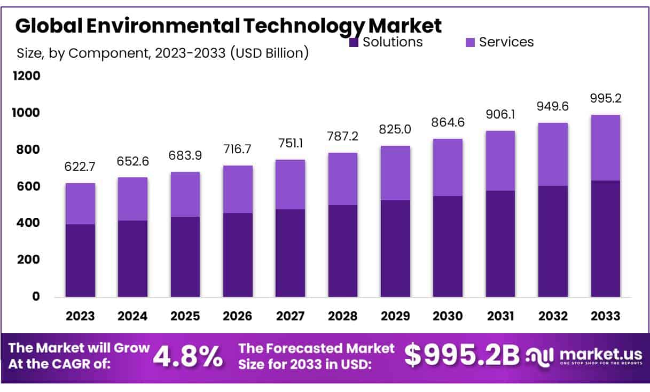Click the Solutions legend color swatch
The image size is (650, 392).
[x=354, y=42]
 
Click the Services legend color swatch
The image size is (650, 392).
[x=470, y=42]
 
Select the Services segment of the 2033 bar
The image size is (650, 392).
[x=605, y=148]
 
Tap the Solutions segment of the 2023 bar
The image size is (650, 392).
[x=80, y=260]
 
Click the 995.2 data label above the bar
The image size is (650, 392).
[x=605, y=99]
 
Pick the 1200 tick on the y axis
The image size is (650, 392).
[x=27, y=76]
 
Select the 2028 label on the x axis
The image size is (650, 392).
[x=343, y=316]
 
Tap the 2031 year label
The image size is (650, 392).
[x=500, y=316]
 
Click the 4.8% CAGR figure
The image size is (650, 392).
[x=187, y=357]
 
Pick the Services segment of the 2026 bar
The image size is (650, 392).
[x=238, y=189]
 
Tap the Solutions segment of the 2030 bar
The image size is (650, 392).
[x=448, y=246]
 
